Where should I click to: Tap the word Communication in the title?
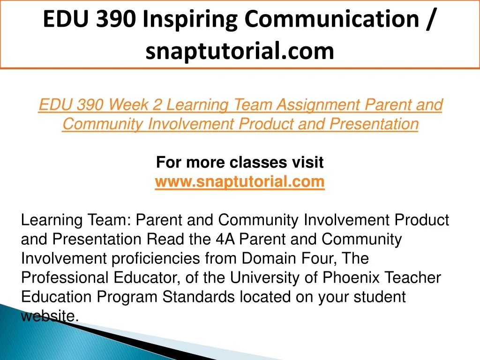click(x=332, y=19)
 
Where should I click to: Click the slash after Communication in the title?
click(x=430, y=19)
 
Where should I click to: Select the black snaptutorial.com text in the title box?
click(x=240, y=51)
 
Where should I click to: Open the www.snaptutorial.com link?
click(x=240, y=182)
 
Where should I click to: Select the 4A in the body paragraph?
click(x=225, y=239)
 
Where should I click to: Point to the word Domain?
click(x=269, y=258)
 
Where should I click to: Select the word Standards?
click(x=198, y=297)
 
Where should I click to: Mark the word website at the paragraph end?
click(x=48, y=316)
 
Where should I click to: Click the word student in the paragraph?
click(x=380, y=297)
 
